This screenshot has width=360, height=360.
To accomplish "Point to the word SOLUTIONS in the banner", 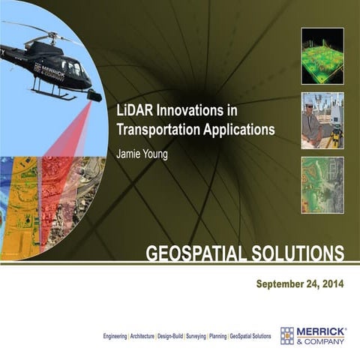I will (299, 253).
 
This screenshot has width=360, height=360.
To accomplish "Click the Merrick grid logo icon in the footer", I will (287, 335).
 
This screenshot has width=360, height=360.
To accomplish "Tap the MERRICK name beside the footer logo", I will (320, 331).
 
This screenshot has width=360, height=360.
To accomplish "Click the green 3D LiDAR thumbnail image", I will (322, 55).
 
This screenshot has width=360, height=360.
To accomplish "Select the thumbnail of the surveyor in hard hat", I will (322, 120).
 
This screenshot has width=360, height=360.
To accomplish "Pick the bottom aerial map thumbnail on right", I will (322, 184).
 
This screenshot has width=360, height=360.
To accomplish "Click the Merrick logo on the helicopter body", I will (49, 67).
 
